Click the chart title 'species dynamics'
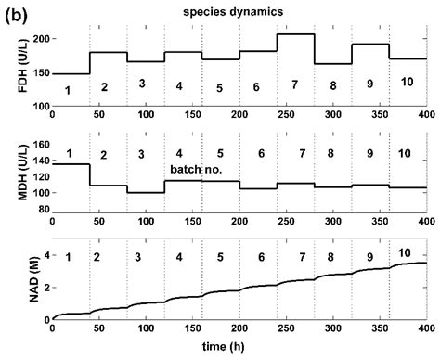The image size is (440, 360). click(x=239, y=11)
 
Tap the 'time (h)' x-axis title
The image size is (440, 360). click(x=239, y=350)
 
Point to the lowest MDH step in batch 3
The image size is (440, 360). click(x=146, y=193)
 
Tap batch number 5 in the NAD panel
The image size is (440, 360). click(x=220, y=257)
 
